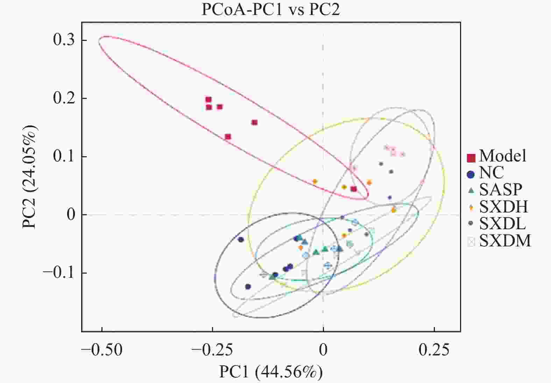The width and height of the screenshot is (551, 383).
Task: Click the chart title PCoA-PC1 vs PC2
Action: tap(270, 9)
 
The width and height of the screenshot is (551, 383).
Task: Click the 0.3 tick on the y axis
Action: tap(64, 40)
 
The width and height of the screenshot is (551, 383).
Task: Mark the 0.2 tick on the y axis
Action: tap(64, 98)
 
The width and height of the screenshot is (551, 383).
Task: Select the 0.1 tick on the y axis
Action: tap(64, 156)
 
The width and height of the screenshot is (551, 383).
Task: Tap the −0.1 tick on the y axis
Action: tap(59, 273)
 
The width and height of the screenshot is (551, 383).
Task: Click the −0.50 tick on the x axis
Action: tap(102, 350)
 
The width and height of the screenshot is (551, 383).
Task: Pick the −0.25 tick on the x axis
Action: tap(212, 350)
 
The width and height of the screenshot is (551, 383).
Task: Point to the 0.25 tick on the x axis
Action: tap(434, 350)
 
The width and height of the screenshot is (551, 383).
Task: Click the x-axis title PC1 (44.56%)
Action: tap(271, 372)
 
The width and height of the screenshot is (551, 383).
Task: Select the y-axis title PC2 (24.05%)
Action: tap(29, 176)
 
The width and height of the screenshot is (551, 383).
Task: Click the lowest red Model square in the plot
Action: tap(354, 189)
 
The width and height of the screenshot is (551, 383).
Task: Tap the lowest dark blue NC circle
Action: tap(248, 287)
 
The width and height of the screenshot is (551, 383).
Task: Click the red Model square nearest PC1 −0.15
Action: tap(254, 122)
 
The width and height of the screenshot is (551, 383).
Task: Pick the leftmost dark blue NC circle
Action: tap(241, 240)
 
